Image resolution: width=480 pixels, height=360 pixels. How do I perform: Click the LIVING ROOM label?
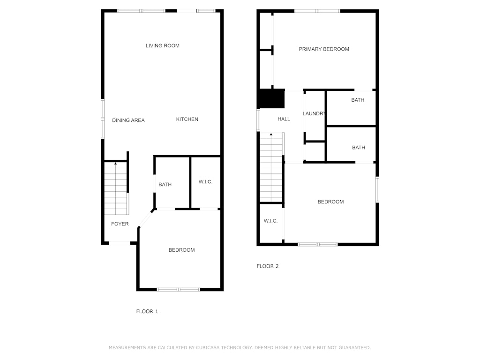(163, 45)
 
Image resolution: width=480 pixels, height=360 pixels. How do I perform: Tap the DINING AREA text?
(128, 120)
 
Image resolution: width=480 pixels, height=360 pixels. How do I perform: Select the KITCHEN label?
(187, 119)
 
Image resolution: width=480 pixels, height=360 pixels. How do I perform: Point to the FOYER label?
(120, 224)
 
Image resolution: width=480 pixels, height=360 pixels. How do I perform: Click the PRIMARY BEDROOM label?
(324, 49)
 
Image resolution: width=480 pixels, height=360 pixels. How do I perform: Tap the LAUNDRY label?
(314, 113)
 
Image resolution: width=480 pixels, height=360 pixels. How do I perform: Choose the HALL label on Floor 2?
(284, 119)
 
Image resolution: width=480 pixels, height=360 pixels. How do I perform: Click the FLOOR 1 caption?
(147, 311)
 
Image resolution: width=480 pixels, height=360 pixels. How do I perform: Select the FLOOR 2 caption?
(268, 266)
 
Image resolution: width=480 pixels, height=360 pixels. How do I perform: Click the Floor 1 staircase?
(116, 188)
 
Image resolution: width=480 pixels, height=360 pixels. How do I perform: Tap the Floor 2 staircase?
(271, 167)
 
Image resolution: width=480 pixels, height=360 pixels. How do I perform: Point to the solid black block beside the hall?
(272, 98)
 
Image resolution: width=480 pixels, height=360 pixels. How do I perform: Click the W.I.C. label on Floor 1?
(205, 182)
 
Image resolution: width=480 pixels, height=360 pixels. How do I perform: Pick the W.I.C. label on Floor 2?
(270, 221)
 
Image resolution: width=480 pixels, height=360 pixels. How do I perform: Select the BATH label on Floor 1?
(165, 184)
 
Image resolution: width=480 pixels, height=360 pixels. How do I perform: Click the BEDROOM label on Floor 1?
(181, 250)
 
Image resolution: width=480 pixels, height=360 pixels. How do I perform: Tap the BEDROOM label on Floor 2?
(330, 202)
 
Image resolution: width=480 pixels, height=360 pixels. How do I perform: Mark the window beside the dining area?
(103, 119)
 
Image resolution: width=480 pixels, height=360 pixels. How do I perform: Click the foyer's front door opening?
(120, 243)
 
